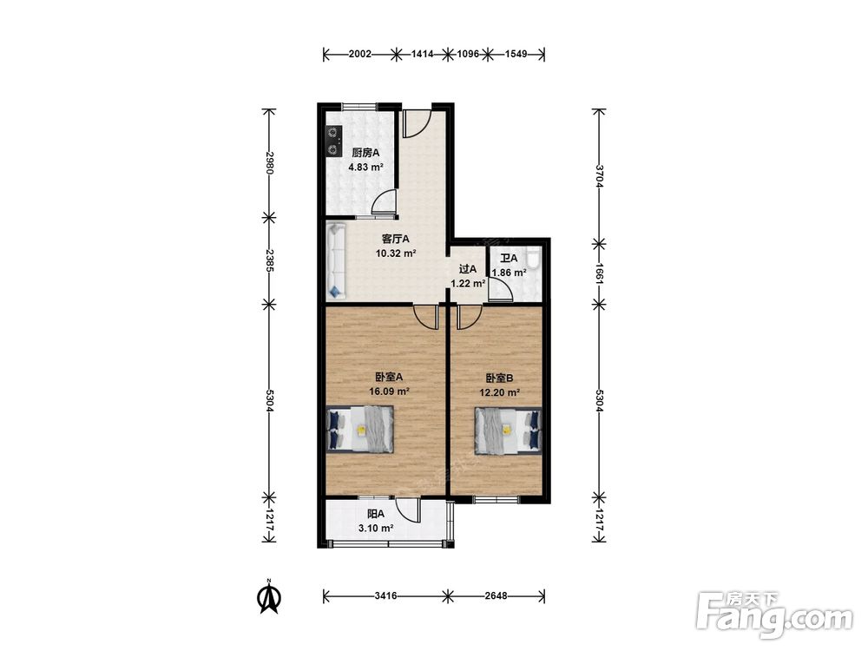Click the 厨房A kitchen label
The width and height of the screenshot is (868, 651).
tap(365, 153)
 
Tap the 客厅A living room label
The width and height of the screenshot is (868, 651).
tap(395, 240)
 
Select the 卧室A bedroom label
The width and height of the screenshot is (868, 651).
tap(389, 377)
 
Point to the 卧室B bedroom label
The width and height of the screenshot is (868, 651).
tap(499, 378)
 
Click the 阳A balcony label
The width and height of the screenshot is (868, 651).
tap(376, 514)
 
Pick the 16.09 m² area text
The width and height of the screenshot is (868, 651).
tap(389, 391)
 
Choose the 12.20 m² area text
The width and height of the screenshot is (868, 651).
tap(499, 392)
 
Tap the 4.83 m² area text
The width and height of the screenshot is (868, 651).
tap(365, 168)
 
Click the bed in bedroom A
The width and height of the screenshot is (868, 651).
tap(360, 430)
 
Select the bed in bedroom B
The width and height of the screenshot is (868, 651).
tap(508, 431)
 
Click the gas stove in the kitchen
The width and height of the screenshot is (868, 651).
tap(333, 141)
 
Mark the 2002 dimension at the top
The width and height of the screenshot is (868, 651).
tap(360, 54)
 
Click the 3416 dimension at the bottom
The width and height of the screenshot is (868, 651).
tap(385, 596)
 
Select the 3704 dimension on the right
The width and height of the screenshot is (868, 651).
tap(598, 175)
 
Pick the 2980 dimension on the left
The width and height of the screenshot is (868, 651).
tap(270, 163)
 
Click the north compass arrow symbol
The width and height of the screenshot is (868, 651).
tap(270, 597)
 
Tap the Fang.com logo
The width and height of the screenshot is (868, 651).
tap(774, 615)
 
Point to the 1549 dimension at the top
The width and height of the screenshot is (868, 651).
tap(516, 54)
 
